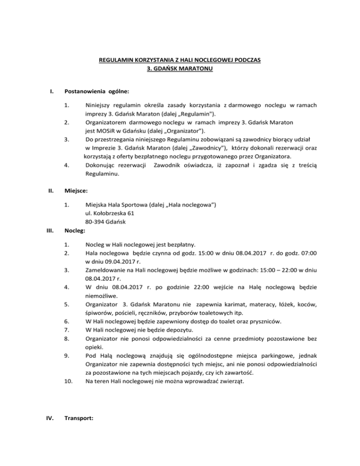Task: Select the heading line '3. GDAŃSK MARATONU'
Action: [180, 69]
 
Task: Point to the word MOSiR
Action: [109, 131]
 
